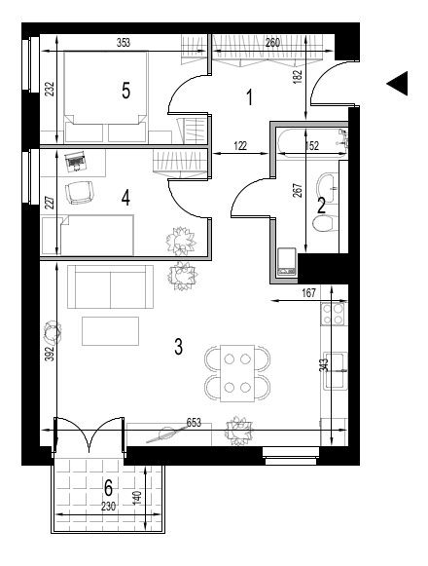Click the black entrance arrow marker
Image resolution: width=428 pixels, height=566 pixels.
397,84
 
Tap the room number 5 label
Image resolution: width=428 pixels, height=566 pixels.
125,91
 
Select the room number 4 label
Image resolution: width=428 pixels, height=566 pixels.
125,198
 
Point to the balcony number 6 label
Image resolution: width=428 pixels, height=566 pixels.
108,488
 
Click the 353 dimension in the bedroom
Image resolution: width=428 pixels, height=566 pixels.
124,43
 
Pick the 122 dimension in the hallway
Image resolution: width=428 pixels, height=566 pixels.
240,146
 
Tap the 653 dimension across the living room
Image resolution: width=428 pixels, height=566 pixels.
194,423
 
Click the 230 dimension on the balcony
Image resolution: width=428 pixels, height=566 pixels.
108,507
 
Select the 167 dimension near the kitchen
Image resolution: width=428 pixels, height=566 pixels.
309,293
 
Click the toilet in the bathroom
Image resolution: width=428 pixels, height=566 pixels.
323,224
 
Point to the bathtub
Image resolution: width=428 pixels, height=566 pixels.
312,142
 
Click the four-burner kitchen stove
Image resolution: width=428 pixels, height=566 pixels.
333,314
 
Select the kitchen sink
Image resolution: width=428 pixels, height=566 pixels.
336,371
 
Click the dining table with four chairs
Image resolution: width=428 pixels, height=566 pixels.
237,374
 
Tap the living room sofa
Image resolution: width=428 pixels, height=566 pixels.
110,287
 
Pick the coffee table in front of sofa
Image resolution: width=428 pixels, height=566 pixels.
110,331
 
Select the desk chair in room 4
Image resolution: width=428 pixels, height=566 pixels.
80,192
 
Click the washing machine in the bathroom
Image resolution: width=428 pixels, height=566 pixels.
287,262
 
